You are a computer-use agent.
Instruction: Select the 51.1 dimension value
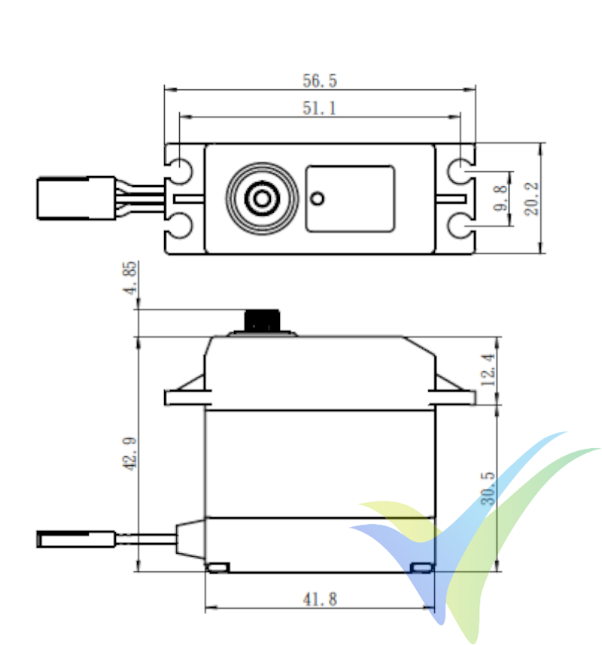point(319,108)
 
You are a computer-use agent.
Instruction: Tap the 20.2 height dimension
point(533,198)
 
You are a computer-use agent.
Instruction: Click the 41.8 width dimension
point(320,599)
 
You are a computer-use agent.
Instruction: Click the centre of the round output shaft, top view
point(262,198)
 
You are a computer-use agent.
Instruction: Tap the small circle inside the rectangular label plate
point(318,198)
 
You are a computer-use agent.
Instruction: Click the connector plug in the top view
point(75,198)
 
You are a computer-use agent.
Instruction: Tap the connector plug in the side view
point(75,537)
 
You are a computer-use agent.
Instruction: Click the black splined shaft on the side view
point(263,320)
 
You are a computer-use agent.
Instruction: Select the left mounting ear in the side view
point(184,395)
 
